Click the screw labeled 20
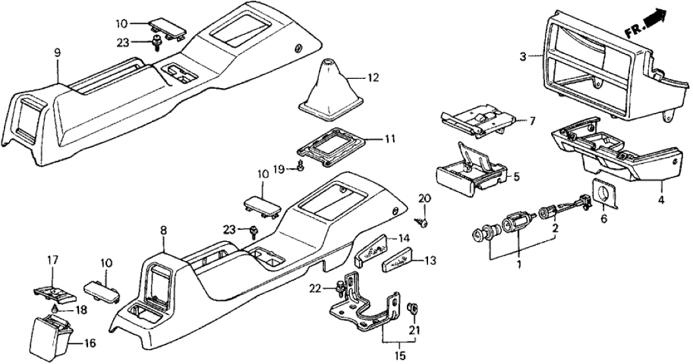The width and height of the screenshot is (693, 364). click(424, 221)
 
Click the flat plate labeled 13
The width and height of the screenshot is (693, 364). click(402, 260)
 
